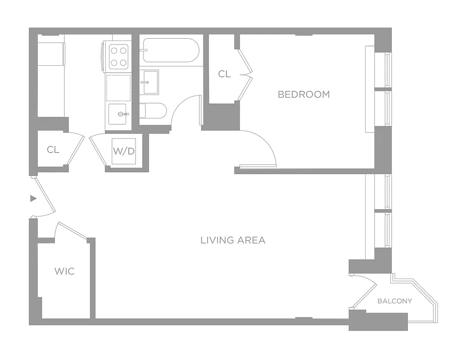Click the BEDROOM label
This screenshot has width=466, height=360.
(303, 94)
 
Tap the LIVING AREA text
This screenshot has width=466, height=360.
(233, 240)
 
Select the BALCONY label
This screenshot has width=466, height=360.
(394, 301)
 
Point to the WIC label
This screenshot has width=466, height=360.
(64, 271)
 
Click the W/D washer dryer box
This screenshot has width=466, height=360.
(124, 151)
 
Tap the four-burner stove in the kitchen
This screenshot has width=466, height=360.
(118, 56)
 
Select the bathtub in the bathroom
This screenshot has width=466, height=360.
(170, 51)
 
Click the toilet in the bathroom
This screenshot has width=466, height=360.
(153, 110)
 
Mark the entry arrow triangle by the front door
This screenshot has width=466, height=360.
(33, 198)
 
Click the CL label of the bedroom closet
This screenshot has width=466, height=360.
(224, 74)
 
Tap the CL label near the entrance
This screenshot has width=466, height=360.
(53, 150)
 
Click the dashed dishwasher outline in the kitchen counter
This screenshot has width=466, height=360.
(118, 88)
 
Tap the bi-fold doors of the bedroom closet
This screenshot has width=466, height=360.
(245, 74)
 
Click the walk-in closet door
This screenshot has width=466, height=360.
(72, 230)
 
